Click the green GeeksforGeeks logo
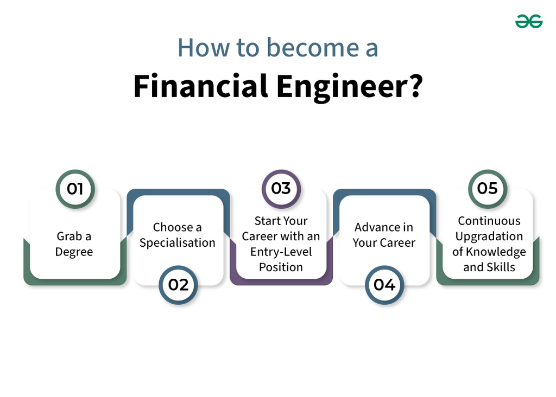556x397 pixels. tap(529, 21)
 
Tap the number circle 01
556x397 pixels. tap(75, 189)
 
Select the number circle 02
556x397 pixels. tap(178, 285)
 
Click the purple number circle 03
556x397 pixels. tap(281, 189)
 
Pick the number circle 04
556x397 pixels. tap(384, 285)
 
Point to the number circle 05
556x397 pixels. tap(488, 189)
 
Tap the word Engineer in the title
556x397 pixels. tap(349, 87)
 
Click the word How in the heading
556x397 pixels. tap(200, 48)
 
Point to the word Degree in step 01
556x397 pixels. tap(74, 252)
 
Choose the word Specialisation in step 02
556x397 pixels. tap(178, 243)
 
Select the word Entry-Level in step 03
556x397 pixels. tap(281, 252)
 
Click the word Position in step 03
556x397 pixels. tap(281, 267)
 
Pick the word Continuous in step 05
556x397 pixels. tap(489, 221)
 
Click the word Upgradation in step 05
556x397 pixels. tap(489, 236)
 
